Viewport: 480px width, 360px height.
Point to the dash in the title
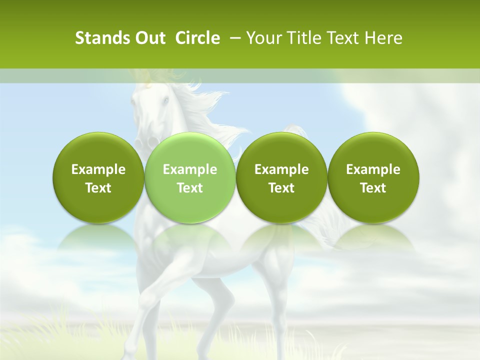(233, 38)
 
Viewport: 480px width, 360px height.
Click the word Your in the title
(263, 38)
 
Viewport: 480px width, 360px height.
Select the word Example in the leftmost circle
(98, 169)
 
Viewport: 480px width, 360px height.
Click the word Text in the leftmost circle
(98, 188)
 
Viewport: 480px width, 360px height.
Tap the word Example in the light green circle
(190, 169)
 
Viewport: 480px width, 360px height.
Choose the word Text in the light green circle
(190, 188)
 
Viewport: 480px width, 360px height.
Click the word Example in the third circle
(281, 169)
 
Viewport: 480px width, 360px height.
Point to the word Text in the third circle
(281, 188)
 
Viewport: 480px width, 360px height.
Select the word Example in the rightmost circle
(373, 169)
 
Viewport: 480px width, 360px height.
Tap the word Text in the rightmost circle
(373, 188)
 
